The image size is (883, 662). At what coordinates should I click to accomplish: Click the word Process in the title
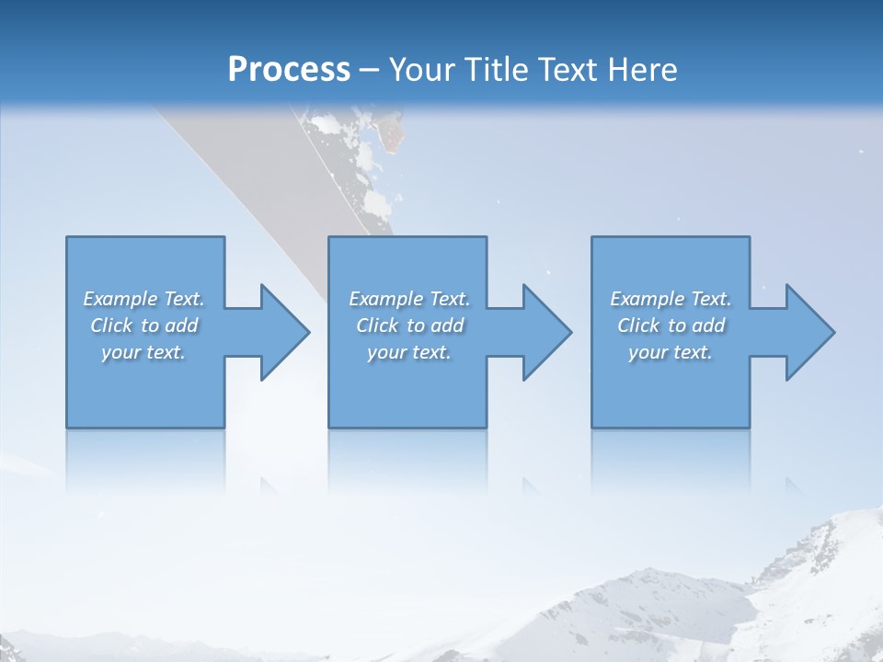point(289,70)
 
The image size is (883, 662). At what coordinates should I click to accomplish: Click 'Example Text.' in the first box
point(143,299)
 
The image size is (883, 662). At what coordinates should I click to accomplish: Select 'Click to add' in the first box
point(143,325)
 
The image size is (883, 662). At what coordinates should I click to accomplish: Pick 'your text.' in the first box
point(143,352)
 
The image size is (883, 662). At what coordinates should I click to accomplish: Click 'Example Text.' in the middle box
point(409,299)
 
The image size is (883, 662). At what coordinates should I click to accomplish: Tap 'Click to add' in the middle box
point(409,325)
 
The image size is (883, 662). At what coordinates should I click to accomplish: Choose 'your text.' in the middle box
point(409,352)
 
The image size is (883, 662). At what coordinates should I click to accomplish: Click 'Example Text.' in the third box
point(671,299)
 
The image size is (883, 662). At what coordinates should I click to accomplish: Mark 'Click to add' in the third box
point(671,325)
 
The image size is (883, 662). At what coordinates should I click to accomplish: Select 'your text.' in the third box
point(671,352)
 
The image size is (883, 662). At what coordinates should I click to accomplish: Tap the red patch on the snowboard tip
point(394,136)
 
